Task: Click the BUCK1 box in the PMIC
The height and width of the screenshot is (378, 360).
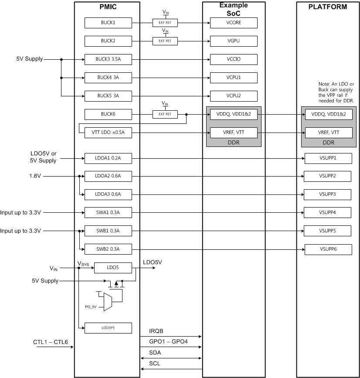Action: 108,23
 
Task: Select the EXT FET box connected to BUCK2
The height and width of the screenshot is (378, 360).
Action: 165,41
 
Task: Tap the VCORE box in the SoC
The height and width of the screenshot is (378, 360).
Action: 233,23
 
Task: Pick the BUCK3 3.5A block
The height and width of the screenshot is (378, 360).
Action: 108,59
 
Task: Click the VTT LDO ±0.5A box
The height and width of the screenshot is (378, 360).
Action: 108,133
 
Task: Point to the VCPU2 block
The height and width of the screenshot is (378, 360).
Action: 233,96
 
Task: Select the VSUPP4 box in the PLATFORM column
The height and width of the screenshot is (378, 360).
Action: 328,213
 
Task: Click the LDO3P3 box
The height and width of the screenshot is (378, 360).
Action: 108,327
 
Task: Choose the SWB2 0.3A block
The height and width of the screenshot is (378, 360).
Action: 108,249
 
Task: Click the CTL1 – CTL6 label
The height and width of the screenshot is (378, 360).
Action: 50,341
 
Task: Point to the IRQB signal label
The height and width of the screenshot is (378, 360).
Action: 156,331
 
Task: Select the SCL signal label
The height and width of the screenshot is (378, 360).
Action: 154,363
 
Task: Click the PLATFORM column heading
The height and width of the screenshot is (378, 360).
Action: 328,7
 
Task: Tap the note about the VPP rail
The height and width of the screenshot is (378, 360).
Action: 336,92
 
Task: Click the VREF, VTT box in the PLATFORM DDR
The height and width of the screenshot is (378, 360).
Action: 328,133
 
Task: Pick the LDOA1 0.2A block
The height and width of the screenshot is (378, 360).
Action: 108,158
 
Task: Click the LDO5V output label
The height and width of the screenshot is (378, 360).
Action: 153,262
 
